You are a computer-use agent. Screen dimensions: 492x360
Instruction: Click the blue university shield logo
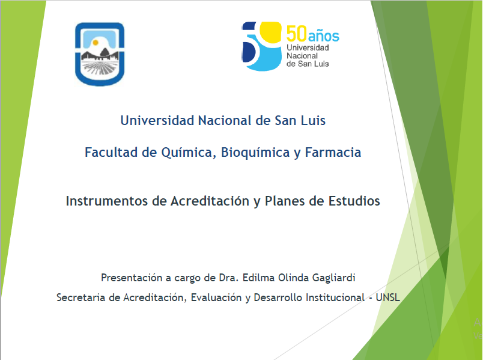(100, 54)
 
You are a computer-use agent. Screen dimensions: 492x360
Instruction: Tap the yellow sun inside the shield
(96, 43)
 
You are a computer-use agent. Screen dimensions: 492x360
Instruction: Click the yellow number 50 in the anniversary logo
(296, 34)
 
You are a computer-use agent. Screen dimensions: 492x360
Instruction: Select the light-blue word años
(324, 35)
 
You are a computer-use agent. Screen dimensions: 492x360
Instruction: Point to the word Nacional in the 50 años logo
(302, 56)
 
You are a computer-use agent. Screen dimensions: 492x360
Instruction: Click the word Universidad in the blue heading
(157, 121)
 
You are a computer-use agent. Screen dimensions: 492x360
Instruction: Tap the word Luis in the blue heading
(313, 121)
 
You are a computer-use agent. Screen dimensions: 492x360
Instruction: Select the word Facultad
(111, 152)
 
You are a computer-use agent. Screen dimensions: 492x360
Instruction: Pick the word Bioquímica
(255, 153)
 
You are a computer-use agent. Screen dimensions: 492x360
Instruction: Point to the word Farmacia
(333, 152)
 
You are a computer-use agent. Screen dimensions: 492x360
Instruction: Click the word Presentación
(131, 278)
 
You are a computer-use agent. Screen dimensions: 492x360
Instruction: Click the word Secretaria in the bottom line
(80, 297)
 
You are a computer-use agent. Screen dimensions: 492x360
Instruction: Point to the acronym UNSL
(388, 297)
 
